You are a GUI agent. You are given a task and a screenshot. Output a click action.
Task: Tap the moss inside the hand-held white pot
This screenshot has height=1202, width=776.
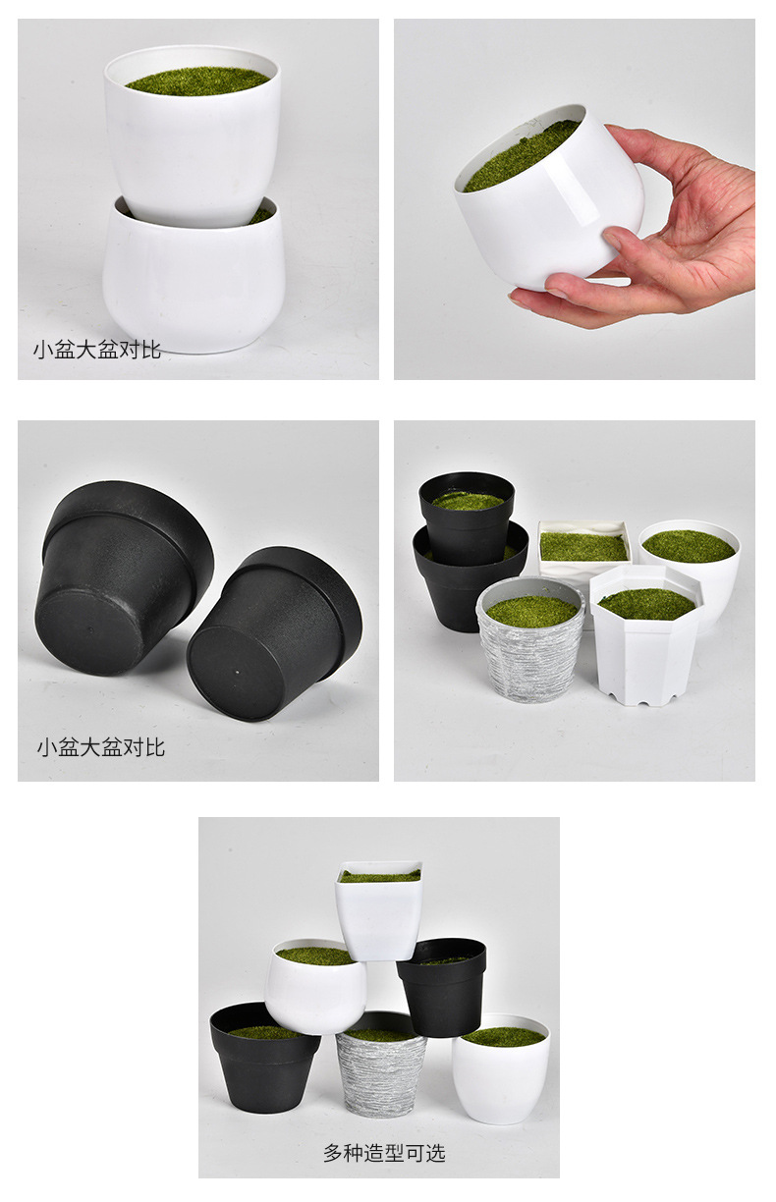tap(521, 155)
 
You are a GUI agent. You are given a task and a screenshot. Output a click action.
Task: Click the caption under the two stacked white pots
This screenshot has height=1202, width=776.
tap(97, 348)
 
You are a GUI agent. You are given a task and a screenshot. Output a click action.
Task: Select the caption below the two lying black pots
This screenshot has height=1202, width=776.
tap(101, 747)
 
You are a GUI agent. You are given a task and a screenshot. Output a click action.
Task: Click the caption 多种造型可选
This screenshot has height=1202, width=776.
tap(384, 1153)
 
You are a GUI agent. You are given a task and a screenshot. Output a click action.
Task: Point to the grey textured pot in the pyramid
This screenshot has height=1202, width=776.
tap(380, 1073)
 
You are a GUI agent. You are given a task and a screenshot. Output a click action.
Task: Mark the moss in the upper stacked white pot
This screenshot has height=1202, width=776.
tap(196, 81)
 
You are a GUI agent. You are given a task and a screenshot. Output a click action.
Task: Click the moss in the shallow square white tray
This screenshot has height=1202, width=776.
tap(582, 546)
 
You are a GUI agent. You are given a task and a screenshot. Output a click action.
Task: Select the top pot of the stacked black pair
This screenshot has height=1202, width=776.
tap(467, 516)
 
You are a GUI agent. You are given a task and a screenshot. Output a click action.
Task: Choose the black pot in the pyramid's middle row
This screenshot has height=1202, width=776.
tap(442, 992)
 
